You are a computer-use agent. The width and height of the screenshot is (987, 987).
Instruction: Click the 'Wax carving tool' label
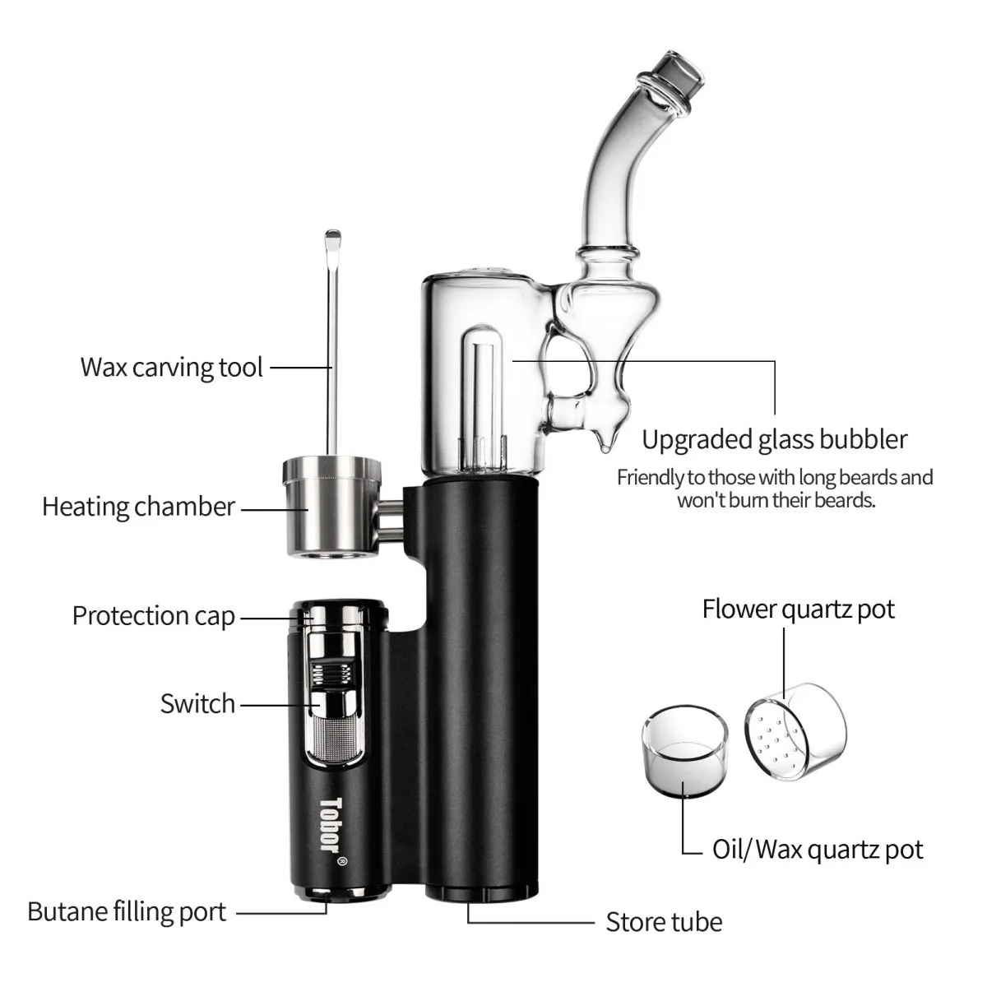tap(171, 367)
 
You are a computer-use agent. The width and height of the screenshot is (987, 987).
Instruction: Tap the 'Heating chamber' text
tap(138, 507)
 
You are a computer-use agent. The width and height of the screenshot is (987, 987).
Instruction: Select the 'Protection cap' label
tap(153, 616)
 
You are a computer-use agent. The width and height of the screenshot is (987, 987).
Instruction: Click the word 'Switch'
tap(197, 704)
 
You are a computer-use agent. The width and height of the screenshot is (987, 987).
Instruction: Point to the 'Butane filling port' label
tap(127, 911)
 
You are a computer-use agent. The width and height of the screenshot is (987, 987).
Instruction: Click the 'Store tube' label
tap(664, 922)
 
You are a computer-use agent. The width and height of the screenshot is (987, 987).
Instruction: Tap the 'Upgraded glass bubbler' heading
tap(774, 439)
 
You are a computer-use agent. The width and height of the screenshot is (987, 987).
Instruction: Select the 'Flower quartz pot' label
tap(798, 609)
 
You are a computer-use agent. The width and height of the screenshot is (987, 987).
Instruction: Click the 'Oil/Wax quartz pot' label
tap(818, 850)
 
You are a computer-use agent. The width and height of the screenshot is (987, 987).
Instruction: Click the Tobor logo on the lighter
tap(333, 830)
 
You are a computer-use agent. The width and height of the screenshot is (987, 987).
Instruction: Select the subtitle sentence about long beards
tap(775, 488)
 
